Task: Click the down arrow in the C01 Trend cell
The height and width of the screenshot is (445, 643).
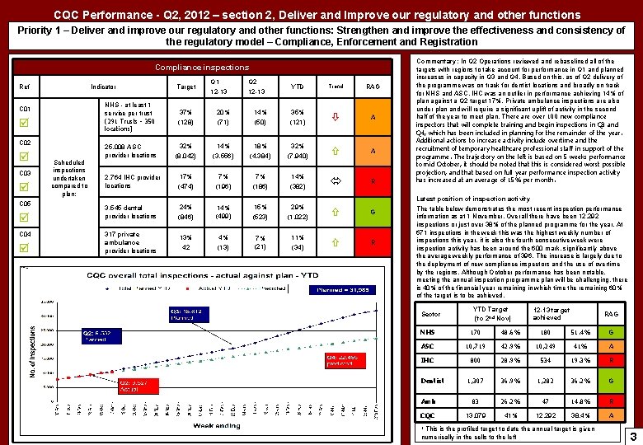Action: click(x=336, y=117)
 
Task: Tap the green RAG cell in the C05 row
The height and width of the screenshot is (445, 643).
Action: click(x=373, y=213)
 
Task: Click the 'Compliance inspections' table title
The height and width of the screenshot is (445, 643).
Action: click(x=202, y=67)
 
